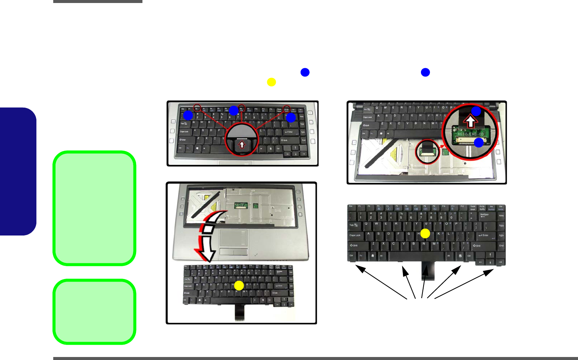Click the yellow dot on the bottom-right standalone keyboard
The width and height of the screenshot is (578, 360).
pyautogui.click(x=425, y=234)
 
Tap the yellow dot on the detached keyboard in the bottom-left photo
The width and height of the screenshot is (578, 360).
pyautogui.click(x=239, y=286)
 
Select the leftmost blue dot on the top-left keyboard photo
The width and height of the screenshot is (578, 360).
pyautogui.click(x=188, y=115)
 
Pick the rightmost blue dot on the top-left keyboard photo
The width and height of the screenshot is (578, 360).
pyautogui.click(x=291, y=118)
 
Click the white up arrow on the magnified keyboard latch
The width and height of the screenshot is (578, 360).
pyautogui.click(x=242, y=144)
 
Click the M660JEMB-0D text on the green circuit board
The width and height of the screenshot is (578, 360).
pyautogui.click(x=471, y=134)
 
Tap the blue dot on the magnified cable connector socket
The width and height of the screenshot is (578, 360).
pyautogui.click(x=479, y=142)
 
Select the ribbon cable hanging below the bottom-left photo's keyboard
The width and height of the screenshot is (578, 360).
pyautogui.click(x=239, y=313)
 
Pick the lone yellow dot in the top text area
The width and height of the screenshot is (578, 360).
pyautogui.click(x=271, y=82)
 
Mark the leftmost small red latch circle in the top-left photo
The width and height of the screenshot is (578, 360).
pyautogui.click(x=197, y=108)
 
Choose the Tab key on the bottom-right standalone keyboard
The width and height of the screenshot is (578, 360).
pyautogui.click(x=353, y=225)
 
